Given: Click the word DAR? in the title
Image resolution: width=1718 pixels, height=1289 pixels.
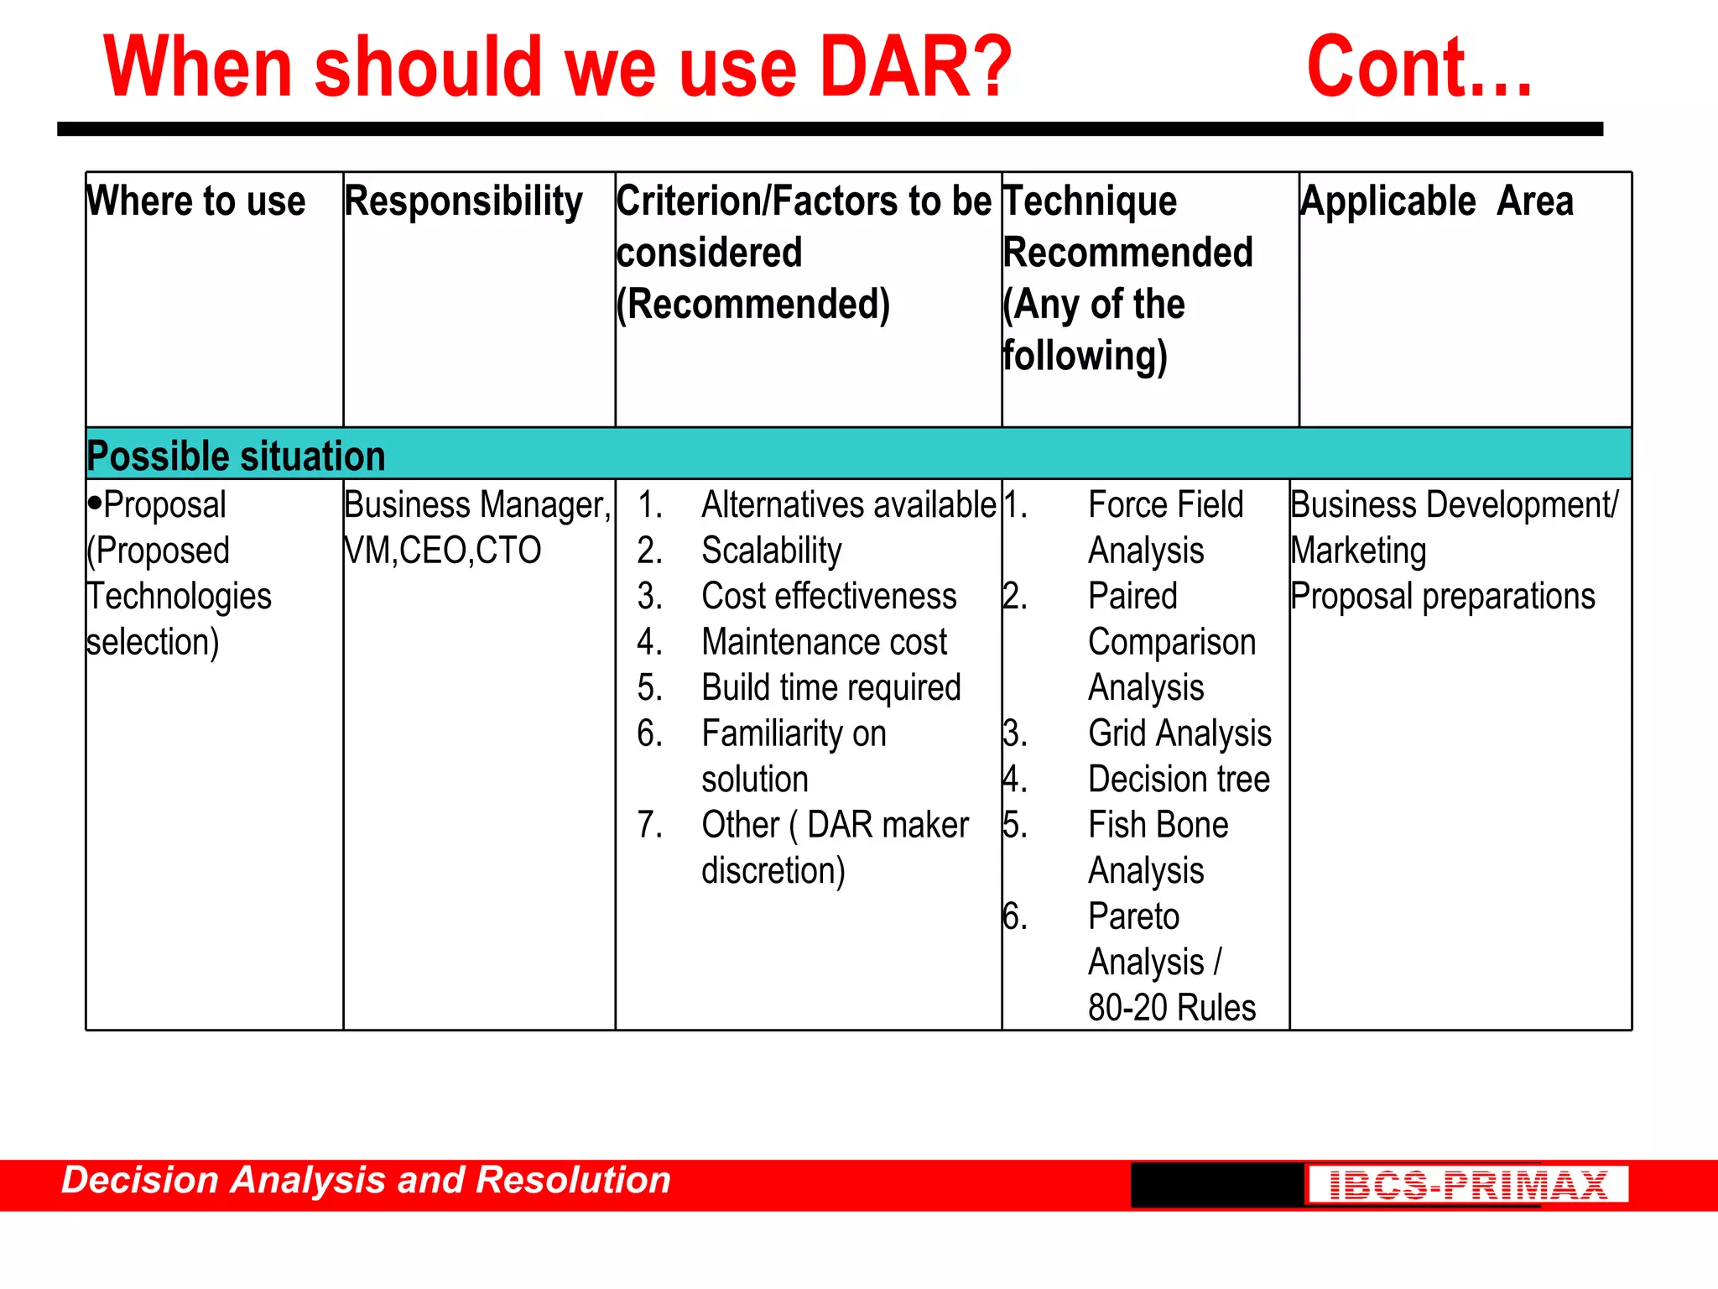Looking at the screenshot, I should pyautogui.click(x=915, y=67).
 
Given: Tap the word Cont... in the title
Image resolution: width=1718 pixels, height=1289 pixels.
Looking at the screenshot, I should pyautogui.click(x=1419, y=67).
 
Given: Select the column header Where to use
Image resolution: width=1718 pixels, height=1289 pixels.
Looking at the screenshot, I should pyautogui.click(x=195, y=201).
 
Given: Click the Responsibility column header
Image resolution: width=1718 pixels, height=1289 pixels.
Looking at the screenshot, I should pyautogui.click(x=463, y=201).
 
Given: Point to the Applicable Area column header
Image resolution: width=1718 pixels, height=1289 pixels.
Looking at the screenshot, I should pyautogui.click(x=1436, y=201).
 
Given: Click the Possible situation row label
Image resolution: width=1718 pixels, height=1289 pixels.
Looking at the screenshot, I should pyautogui.click(x=236, y=457).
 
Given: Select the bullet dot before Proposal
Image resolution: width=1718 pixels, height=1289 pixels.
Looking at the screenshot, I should pyautogui.click(x=94, y=503).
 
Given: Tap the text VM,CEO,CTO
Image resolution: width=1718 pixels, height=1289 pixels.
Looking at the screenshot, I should pyautogui.click(x=442, y=551).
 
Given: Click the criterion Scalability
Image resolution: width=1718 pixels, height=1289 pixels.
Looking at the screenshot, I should pyautogui.click(x=771, y=551).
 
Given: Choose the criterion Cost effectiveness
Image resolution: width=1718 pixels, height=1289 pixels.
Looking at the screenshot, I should pyautogui.click(x=829, y=597).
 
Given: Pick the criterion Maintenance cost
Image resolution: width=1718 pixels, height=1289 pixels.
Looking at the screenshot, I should pyautogui.click(x=824, y=642).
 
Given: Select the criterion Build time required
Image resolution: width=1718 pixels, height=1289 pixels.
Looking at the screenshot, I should pyautogui.click(x=830, y=688).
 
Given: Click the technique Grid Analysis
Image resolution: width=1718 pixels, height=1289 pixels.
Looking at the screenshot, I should pyautogui.click(x=1179, y=733).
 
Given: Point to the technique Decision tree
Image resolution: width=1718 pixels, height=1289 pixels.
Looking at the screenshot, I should pyautogui.click(x=1179, y=780).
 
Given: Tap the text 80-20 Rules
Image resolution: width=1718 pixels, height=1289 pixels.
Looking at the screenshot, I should pyautogui.click(x=1171, y=1008).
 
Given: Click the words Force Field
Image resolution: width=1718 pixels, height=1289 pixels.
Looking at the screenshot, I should pyautogui.click(x=1165, y=505).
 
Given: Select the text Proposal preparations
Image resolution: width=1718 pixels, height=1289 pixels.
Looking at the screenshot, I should pyautogui.click(x=1442, y=597).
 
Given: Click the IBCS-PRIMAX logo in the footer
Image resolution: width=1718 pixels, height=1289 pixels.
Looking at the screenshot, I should pyautogui.click(x=1467, y=1184).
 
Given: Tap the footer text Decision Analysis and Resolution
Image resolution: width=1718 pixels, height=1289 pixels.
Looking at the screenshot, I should pyautogui.click(x=366, y=1180).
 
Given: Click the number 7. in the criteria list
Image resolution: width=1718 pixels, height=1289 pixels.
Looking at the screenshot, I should pyautogui.click(x=649, y=825).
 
